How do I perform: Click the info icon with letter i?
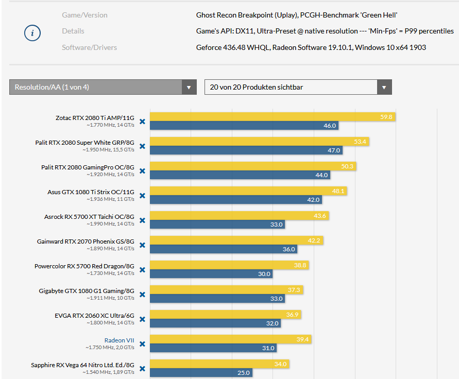[x=32, y=33]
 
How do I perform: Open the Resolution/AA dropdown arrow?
[x=189, y=87]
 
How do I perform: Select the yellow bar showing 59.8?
[x=273, y=117]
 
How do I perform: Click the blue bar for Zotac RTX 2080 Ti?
[x=244, y=126]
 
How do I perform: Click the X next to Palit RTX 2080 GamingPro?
[x=142, y=171]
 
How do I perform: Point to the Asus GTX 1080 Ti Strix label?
[x=91, y=192]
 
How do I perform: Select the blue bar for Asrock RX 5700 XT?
[x=217, y=225]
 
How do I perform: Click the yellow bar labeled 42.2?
[x=236, y=240]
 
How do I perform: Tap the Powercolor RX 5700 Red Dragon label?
[x=84, y=266]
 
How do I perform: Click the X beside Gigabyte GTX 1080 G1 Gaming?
[x=142, y=295]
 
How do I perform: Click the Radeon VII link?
[x=119, y=340]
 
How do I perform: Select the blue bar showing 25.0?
[x=201, y=373]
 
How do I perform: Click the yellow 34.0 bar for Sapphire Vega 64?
[x=219, y=364]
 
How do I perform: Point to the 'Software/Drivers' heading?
[x=89, y=47]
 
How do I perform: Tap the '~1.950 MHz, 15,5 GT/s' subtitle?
[x=108, y=150]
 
